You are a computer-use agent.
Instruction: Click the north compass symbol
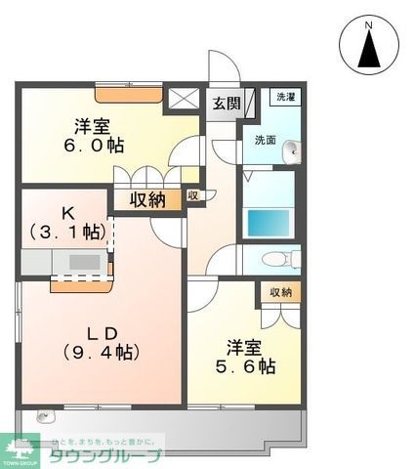tap(368, 45)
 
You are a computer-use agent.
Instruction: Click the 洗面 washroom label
tap(266, 140)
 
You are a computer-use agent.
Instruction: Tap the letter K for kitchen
tap(67, 211)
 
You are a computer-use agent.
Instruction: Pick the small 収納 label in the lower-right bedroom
tap(281, 293)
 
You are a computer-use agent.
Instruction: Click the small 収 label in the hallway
tap(193, 195)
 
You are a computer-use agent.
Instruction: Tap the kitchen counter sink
tap(84, 262)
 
